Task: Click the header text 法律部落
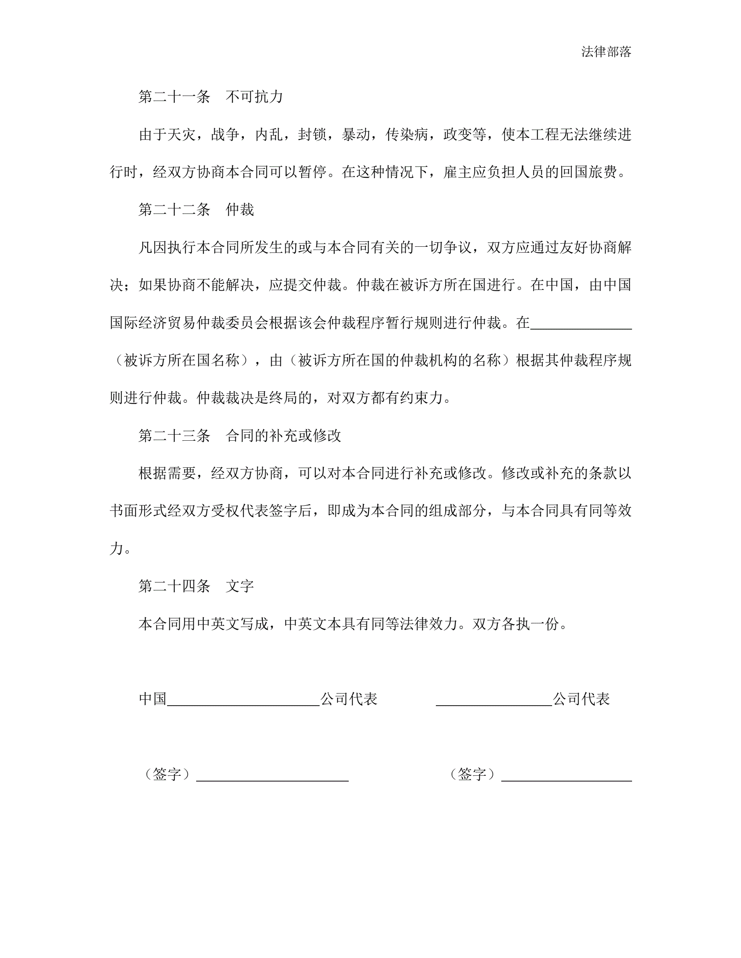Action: pos(606,52)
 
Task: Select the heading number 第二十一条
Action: pos(174,96)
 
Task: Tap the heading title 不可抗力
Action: pos(254,96)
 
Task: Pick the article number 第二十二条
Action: pos(174,210)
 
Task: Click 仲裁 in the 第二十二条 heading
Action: pos(240,210)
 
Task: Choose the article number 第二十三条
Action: pos(174,435)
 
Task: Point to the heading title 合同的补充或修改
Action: pos(283,435)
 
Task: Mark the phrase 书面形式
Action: pos(138,510)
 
